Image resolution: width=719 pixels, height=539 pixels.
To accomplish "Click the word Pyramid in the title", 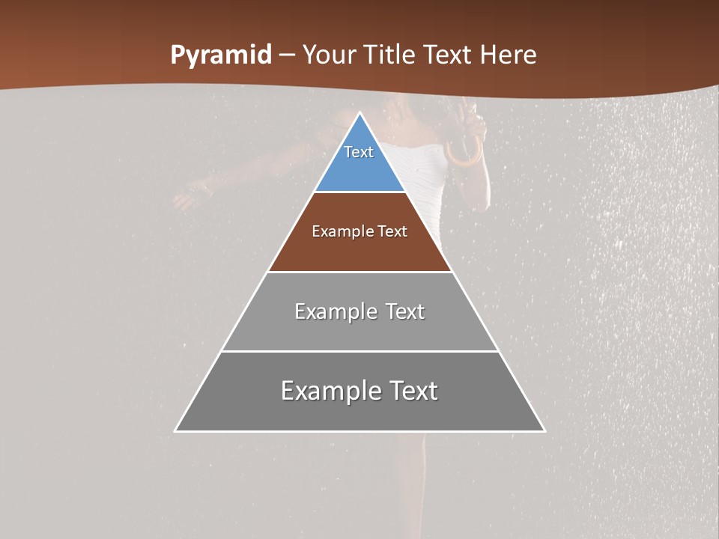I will (x=221, y=55).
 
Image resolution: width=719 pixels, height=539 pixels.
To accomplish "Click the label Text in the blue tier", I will (x=359, y=152).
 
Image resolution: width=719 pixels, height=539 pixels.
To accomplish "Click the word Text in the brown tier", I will (x=392, y=231).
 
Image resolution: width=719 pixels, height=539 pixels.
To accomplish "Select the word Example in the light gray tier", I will (x=336, y=311).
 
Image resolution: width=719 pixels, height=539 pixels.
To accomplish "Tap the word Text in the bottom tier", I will (x=414, y=391).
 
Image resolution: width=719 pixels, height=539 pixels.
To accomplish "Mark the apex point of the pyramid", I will (x=360, y=113).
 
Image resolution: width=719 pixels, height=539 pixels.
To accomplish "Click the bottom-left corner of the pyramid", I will (x=175, y=431).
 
